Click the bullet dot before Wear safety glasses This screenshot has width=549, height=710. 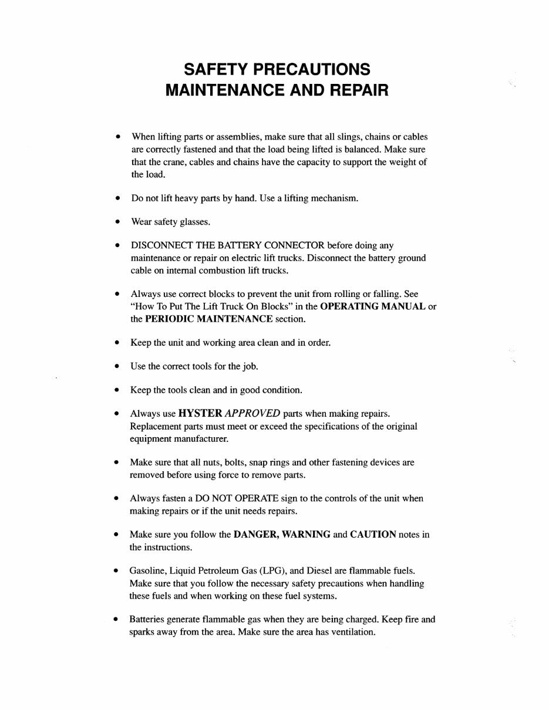117,222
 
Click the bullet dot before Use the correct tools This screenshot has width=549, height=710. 117,366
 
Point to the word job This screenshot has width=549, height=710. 250,367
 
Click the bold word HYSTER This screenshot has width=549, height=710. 200,413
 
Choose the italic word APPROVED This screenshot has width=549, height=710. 252,413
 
